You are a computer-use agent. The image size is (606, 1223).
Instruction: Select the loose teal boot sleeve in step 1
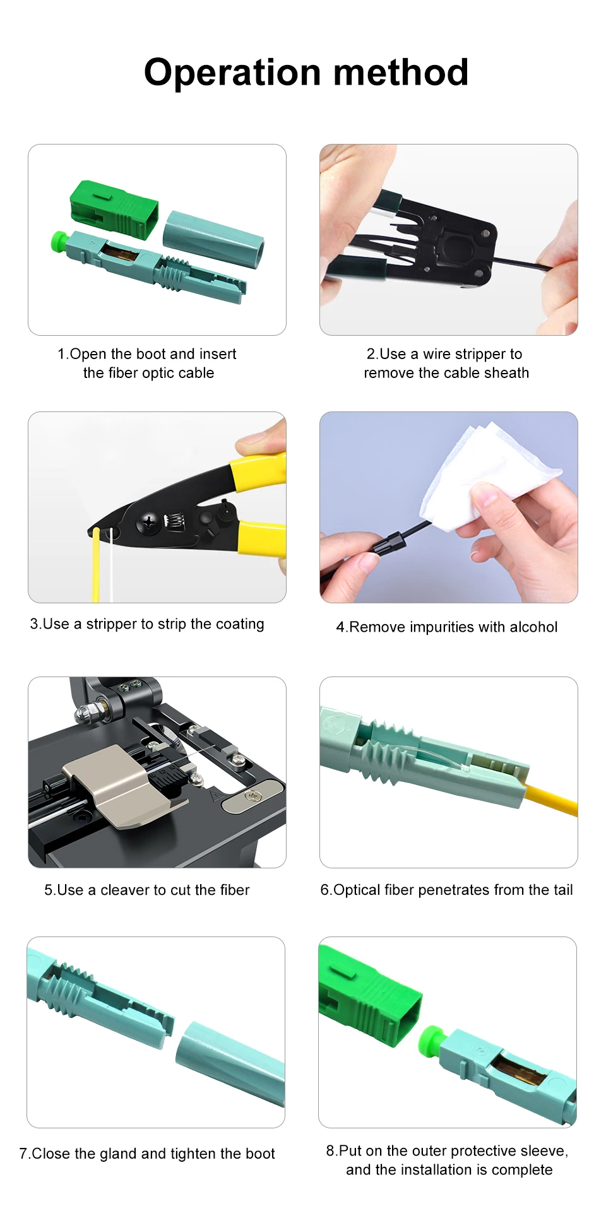click(x=213, y=239)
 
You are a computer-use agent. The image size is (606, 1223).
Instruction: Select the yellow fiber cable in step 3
click(x=96, y=565)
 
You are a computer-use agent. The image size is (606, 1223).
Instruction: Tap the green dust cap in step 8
click(x=431, y=1039)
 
